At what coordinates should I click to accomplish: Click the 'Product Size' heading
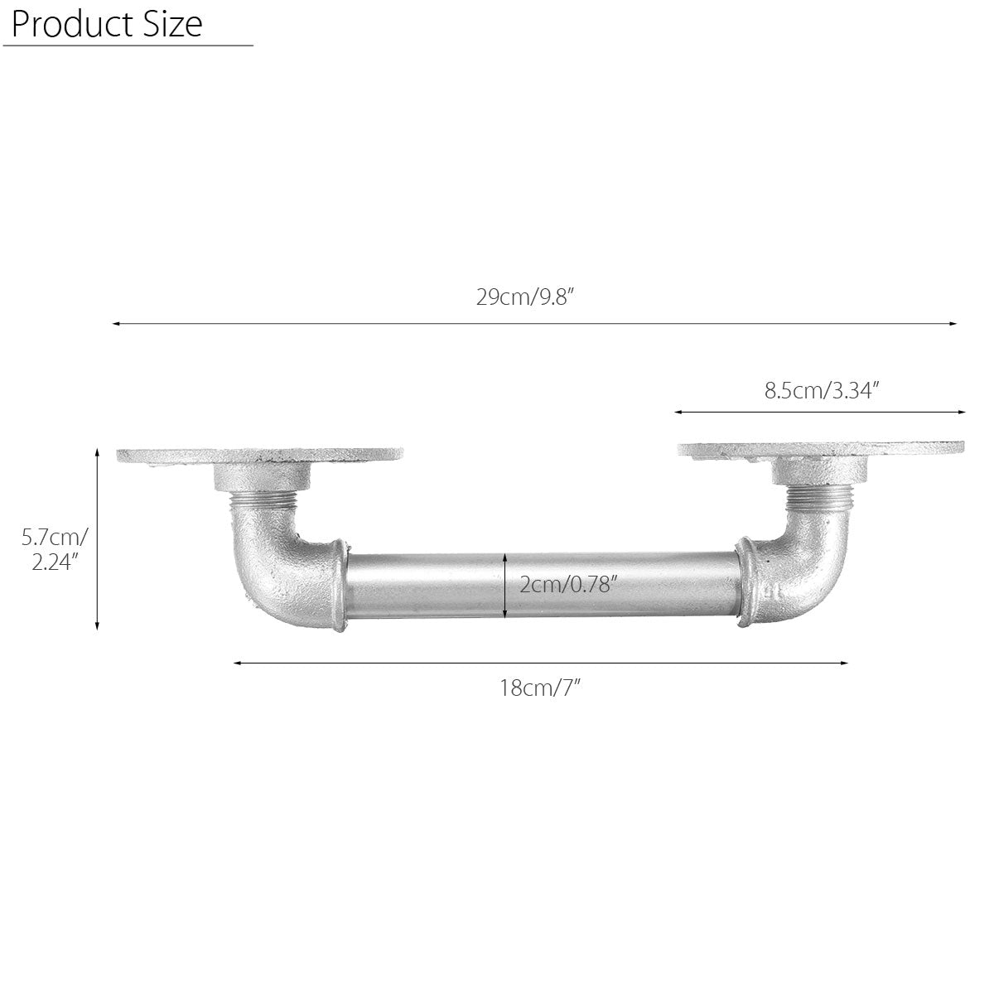click(x=107, y=24)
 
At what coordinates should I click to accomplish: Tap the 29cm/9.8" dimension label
click(x=525, y=297)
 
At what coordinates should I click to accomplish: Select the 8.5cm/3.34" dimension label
click(x=821, y=390)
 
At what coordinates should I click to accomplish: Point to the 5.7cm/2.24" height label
click(x=54, y=550)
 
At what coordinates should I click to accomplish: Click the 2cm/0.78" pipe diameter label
click(x=568, y=585)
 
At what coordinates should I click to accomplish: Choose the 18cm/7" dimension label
click(x=539, y=688)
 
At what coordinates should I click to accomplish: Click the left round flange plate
click(x=259, y=456)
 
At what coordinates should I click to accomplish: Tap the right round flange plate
click(x=821, y=449)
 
